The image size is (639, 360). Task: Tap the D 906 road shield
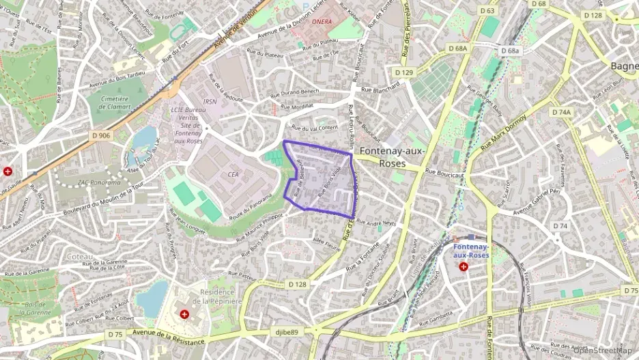pyautogui.click(x=101, y=135)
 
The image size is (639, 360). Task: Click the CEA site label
pyautogui.click(x=233, y=174)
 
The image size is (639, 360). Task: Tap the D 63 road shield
pyautogui.click(x=487, y=11)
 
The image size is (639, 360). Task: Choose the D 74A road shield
pyautogui.click(x=560, y=112)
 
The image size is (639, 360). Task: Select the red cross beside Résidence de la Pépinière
pyautogui.click(x=185, y=314)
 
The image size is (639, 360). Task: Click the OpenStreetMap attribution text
pyautogui.click(x=603, y=350)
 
